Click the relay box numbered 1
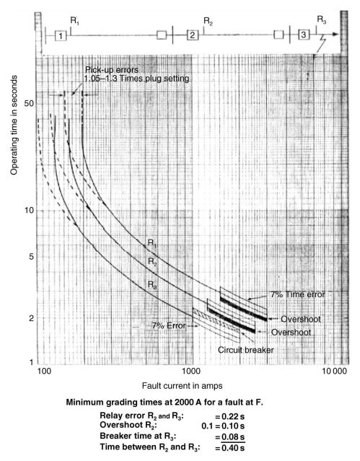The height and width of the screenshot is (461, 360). (62, 35)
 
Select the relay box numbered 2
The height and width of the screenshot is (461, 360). (192, 35)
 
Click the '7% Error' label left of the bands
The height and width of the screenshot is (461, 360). (169, 326)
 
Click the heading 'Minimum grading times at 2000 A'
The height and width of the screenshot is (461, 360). (177, 402)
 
